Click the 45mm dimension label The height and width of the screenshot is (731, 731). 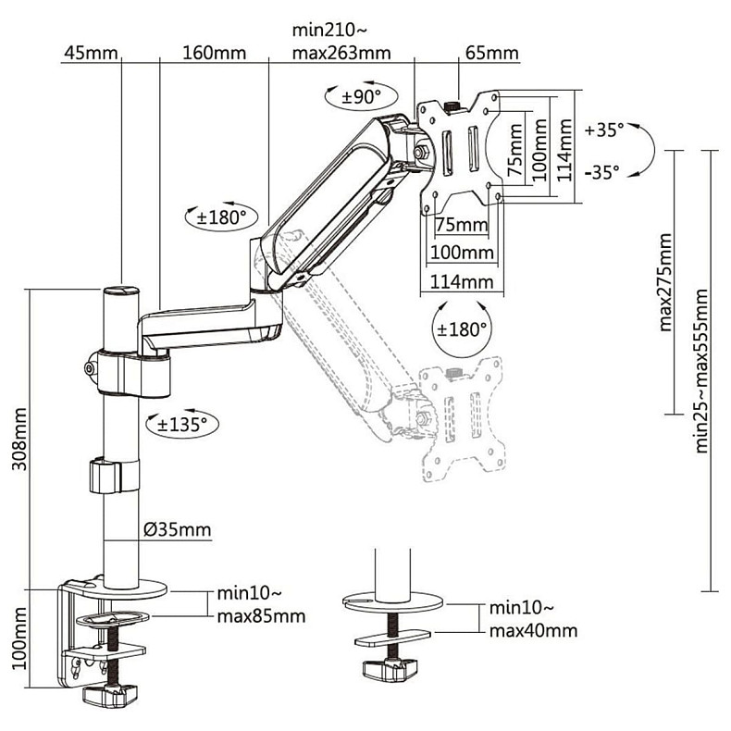click(x=91, y=53)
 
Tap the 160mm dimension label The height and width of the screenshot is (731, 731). click(x=214, y=53)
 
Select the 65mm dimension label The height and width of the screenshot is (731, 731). click(x=492, y=53)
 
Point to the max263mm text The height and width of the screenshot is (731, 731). click(x=341, y=53)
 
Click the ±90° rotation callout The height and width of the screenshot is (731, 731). click(x=361, y=97)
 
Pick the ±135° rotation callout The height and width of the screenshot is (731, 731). click(x=181, y=424)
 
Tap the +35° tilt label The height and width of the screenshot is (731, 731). click(x=604, y=130)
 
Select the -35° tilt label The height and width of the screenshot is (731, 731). click(x=602, y=172)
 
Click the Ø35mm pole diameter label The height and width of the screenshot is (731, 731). click(x=177, y=529)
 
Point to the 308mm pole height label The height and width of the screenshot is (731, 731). click(x=19, y=440)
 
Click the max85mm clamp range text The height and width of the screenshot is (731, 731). click(x=262, y=616)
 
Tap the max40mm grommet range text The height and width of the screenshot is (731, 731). click(x=533, y=631)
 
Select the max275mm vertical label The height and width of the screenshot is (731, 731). click(x=665, y=282)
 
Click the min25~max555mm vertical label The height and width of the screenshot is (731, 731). click(x=701, y=371)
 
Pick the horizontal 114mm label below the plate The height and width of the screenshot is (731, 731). click(x=462, y=282)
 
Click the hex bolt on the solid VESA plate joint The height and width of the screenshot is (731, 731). click(x=421, y=152)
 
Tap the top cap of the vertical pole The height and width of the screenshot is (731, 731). click(x=121, y=291)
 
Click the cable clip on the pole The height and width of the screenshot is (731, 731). click(x=114, y=476)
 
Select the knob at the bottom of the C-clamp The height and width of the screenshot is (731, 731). click(x=110, y=696)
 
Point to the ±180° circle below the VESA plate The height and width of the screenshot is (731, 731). click(x=462, y=328)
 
